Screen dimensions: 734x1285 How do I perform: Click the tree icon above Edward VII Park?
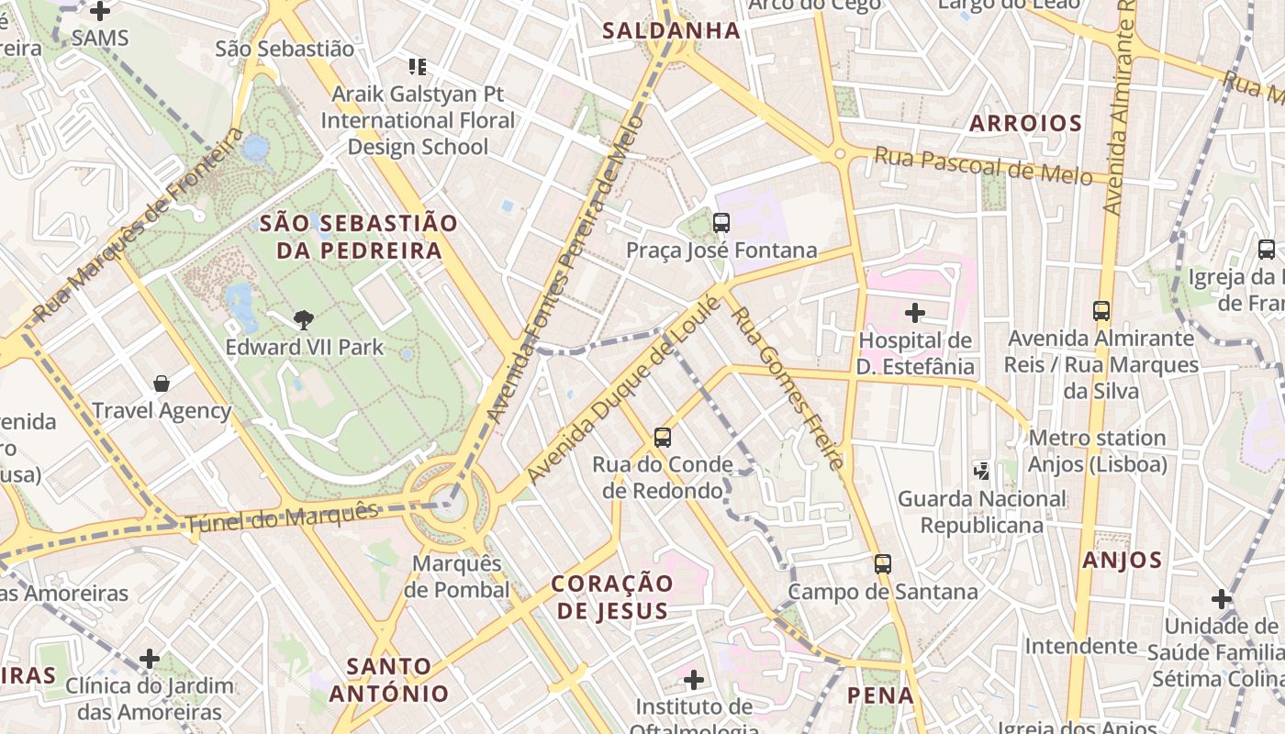coord(304,320)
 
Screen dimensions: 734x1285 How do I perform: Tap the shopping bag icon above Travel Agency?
coord(162,384)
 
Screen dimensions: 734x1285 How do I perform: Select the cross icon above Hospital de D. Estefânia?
coord(915,313)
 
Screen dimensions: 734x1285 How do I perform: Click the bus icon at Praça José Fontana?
coord(721,223)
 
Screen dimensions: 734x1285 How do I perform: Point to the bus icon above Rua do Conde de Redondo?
coord(663,438)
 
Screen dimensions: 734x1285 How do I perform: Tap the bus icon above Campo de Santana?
coord(883,564)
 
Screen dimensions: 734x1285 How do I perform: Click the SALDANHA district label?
coord(671,30)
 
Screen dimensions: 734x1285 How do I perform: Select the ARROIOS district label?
coord(1025,123)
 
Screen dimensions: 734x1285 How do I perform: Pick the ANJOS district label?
coord(1122,560)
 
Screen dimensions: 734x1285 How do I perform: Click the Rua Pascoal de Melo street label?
coord(982,165)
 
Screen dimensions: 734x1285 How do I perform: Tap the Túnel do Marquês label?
coord(282,517)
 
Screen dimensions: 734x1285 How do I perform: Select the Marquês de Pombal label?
coord(458,576)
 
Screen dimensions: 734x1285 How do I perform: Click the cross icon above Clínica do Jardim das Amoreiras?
coord(150,659)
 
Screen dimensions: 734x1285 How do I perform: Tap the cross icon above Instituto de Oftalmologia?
coord(694,680)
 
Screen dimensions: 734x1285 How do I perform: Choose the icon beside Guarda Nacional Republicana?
coord(982,472)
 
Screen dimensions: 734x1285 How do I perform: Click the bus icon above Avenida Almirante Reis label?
coord(1101,311)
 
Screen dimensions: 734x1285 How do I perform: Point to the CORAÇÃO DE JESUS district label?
coord(612,596)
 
